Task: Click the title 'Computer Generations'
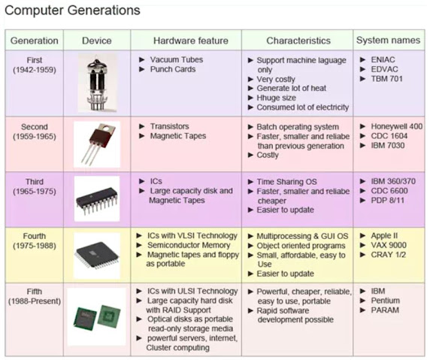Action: click(72, 11)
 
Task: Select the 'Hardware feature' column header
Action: click(191, 41)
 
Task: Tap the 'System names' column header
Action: click(388, 41)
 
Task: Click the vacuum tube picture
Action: click(97, 83)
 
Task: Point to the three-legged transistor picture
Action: click(97, 144)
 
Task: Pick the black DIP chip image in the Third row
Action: click(97, 198)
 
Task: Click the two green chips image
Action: click(97, 316)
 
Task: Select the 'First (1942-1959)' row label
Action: click(35, 65)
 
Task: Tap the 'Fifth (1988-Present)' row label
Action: click(35, 296)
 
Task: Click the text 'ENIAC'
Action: click(383, 60)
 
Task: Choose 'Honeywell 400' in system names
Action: click(396, 126)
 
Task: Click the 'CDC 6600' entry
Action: click(389, 191)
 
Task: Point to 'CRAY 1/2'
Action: click(388, 255)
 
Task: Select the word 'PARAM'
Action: click(385, 310)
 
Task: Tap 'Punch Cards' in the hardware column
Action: click(172, 69)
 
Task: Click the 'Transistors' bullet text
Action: click(169, 126)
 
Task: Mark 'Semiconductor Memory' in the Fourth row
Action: click(189, 245)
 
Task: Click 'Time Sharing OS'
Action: click(286, 182)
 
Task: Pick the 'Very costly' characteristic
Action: click(276, 79)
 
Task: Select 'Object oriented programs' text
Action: click(301, 246)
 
